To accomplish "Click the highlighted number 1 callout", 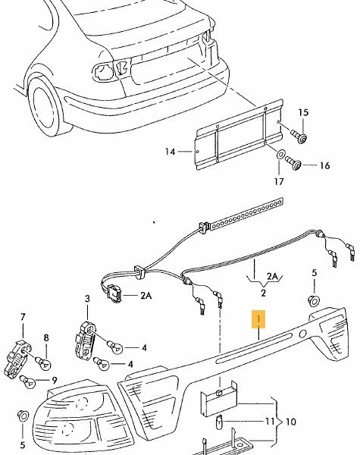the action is click(258, 319).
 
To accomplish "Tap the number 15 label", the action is click(303, 112).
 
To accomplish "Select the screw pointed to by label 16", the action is click(293, 163).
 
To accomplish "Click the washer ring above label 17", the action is click(280, 155).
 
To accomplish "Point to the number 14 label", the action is click(171, 152).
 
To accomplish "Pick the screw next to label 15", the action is click(299, 136).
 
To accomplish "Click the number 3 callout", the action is click(87, 299).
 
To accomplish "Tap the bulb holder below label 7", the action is click(18, 359).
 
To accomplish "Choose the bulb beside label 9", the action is click(27, 381).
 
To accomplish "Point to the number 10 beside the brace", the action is click(290, 422).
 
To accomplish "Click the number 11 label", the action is click(269, 421).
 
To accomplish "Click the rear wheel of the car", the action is click(46, 105).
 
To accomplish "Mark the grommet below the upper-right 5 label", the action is click(314, 300).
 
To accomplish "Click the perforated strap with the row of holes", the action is click(246, 214).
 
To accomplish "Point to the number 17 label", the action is click(279, 182).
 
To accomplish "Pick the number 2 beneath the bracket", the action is click(263, 293).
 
